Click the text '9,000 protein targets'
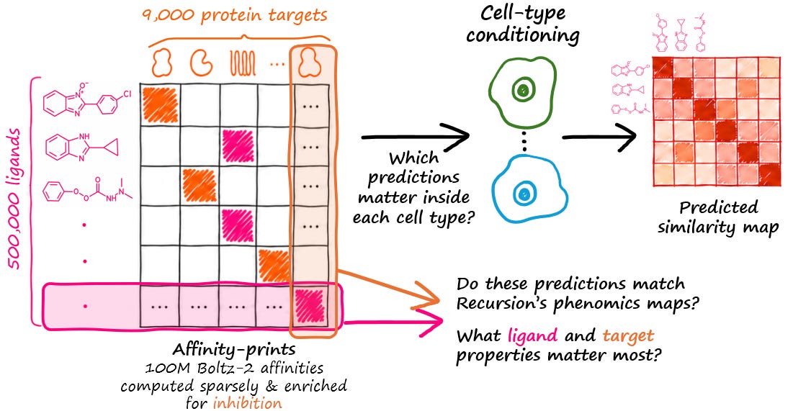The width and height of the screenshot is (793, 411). point(234,15)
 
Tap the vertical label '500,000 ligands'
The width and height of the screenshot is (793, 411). point(14,199)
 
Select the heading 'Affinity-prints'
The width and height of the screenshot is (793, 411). point(234,349)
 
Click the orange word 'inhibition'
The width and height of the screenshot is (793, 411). point(247,403)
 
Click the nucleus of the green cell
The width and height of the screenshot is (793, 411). point(524,91)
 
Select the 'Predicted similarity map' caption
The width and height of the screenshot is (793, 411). point(718,217)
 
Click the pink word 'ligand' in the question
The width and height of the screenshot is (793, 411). point(532,335)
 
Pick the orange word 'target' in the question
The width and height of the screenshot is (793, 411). point(628,335)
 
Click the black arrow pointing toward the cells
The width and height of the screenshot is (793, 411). point(415,137)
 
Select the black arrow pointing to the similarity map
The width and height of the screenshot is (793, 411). point(599,137)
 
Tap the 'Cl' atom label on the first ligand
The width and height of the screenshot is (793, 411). point(127,94)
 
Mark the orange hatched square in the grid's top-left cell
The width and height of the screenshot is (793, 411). point(161,104)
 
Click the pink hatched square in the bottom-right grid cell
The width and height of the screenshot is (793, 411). point(310,306)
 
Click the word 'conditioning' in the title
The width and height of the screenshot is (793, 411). point(523,35)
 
